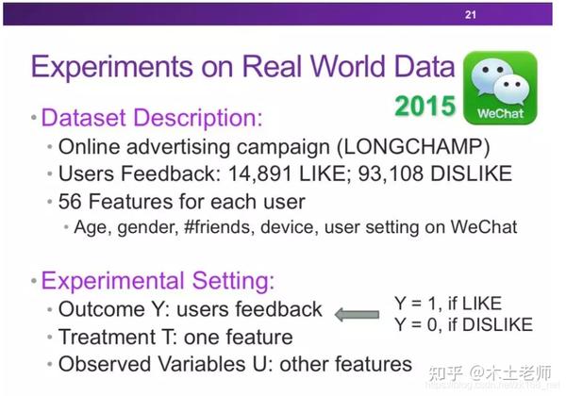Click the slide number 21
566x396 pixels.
[x=471, y=14]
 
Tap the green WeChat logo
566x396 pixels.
[x=500, y=88]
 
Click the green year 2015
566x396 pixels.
[x=425, y=106]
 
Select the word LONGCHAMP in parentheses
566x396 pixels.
[x=413, y=147]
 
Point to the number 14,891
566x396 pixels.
[x=259, y=173]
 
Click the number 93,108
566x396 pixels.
[x=391, y=173]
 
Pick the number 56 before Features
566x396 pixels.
[x=70, y=201]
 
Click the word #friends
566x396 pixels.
[x=217, y=227]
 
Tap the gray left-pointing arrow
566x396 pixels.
[x=357, y=315]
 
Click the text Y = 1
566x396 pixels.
[x=418, y=304]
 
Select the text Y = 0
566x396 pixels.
[x=418, y=324]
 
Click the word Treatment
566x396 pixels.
[x=107, y=337]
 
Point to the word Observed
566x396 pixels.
[x=105, y=364]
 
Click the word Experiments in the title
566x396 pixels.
[x=112, y=67]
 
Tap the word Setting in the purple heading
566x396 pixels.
[x=233, y=281]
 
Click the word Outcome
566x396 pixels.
[x=102, y=309]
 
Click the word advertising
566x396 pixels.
[x=178, y=147]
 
